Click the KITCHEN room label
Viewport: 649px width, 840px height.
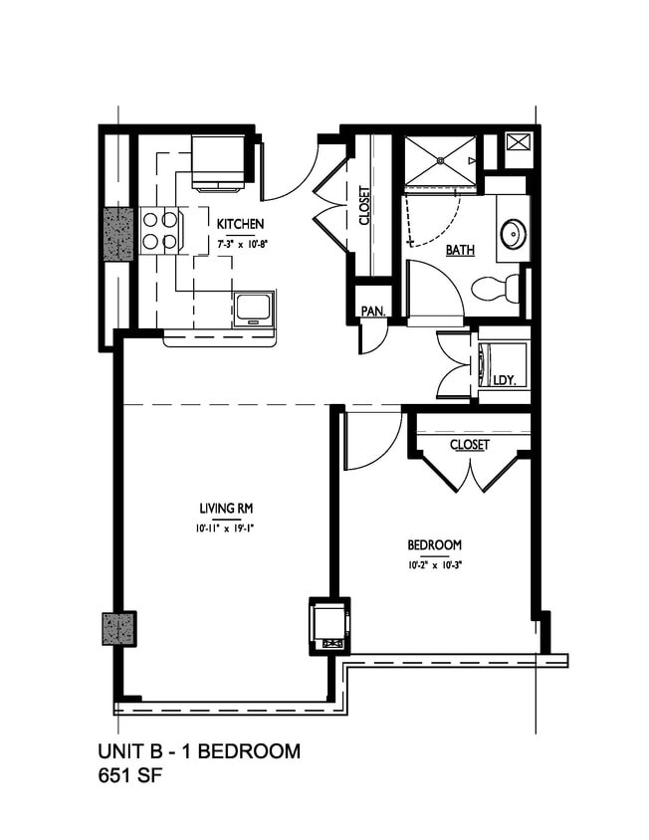pyautogui.click(x=240, y=224)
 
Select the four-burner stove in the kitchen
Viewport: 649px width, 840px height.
pyautogui.click(x=159, y=230)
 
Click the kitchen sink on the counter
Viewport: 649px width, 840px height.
pyautogui.click(x=253, y=309)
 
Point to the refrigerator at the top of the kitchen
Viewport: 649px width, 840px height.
pyautogui.click(x=218, y=161)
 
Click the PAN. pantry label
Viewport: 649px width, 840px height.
pyautogui.click(x=373, y=312)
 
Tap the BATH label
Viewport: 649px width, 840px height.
pyautogui.click(x=459, y=250)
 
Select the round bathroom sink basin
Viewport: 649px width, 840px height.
pyautogui.click(x=514, y=235)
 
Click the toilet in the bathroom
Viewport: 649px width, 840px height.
pyautogui.click(x=495, y=289)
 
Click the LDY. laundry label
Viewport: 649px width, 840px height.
pyautogui.click(x=503, y=379)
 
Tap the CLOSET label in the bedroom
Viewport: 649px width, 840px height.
pyautogui.click(x=469, y=445)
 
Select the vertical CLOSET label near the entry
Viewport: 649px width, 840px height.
pyautogui.click(x=364, y=206)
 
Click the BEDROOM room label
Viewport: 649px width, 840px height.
pyautogui.click(x=434, y=545)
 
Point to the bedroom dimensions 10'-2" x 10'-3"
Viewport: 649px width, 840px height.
pyautogui.click(x=434, y=564)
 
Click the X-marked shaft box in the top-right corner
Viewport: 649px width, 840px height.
pyautogui.click(x=519, y=141)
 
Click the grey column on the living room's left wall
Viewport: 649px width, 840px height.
pyautogui.click(x=118, y=629)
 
